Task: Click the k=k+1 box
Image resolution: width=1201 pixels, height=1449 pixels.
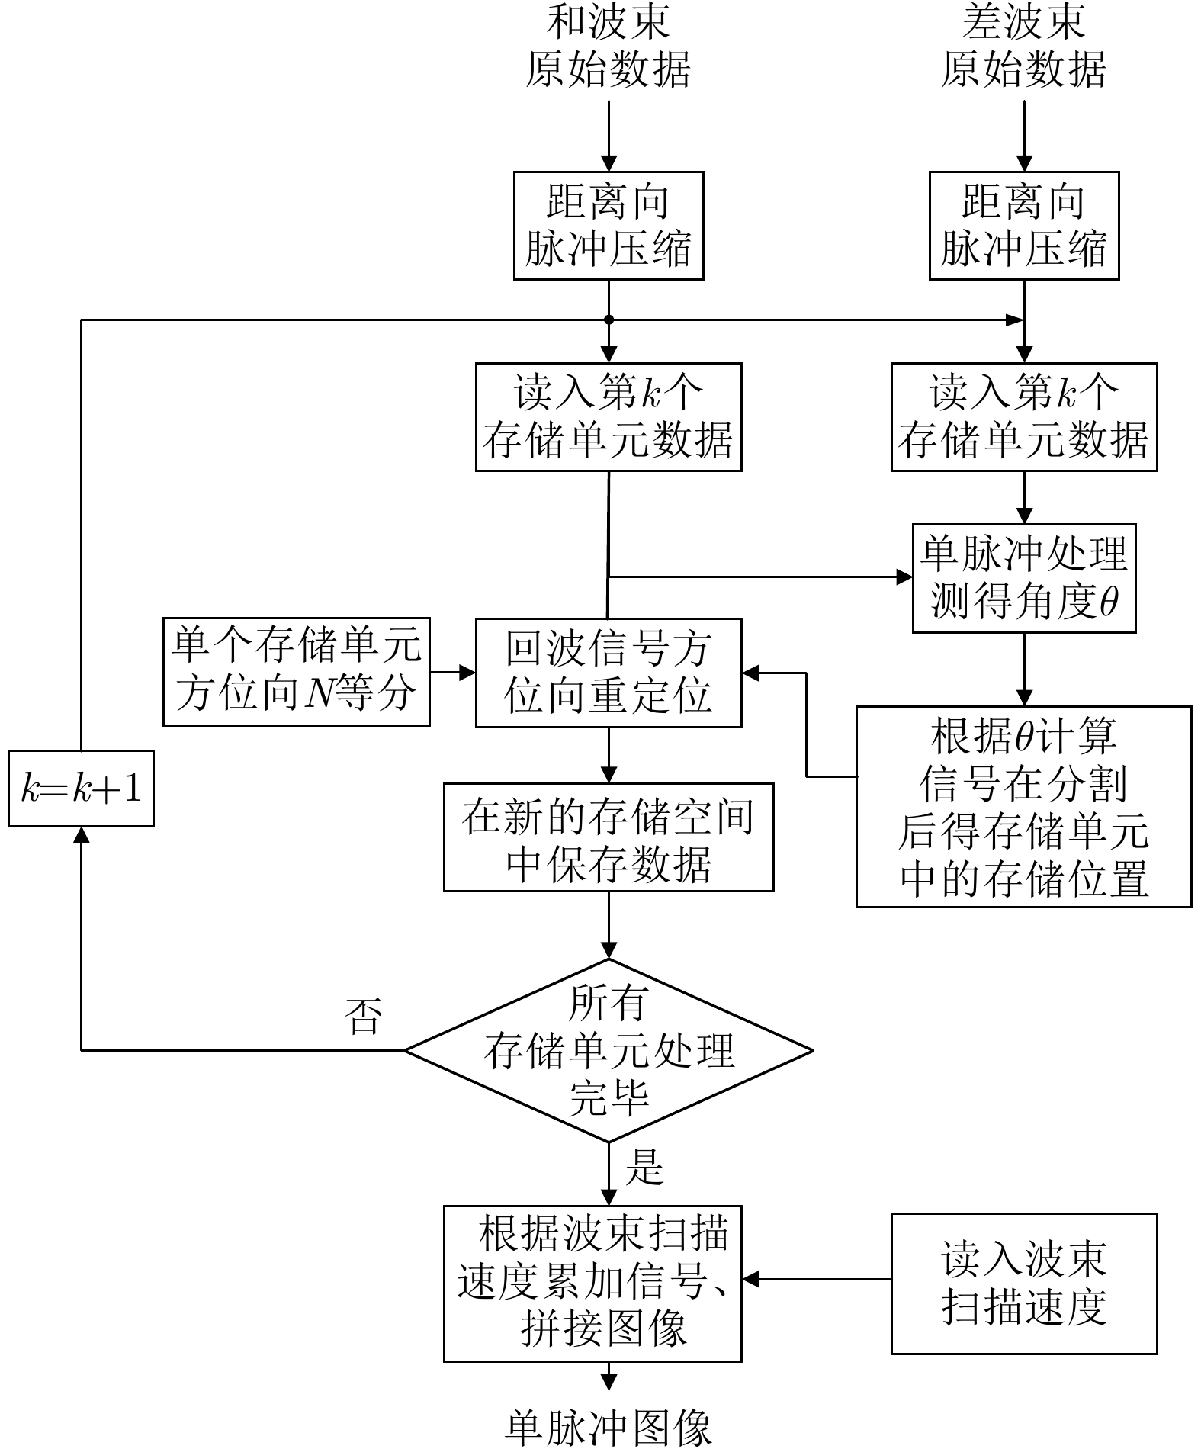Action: [x=81, y=789]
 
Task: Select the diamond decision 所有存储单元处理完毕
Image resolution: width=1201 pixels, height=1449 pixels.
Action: [x=608, y=1050]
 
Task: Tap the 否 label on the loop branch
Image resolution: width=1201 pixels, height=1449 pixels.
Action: [x=363, y=1017]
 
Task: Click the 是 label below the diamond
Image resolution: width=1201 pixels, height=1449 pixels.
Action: [x=644, y=1166]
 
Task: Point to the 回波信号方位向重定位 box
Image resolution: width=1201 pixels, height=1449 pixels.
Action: [x=608, y=673]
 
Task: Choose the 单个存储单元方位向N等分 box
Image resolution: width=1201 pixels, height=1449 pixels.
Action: [x=296, y=671]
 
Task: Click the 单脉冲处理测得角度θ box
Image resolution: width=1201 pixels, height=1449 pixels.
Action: [x=1023, y=578]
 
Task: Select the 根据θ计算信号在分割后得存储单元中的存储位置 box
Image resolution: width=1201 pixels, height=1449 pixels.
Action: [x=1023, y=806]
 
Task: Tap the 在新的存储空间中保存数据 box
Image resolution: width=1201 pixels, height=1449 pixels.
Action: [x=608, y=837]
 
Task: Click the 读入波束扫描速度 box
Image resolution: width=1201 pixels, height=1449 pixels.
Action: [x=1023, y=1284]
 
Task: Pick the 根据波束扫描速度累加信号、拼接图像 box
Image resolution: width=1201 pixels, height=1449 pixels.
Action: [x=592, y=1284]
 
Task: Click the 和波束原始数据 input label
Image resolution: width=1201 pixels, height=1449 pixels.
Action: [x=608, y=46]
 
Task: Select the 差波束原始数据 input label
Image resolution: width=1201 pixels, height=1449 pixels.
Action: [x=1023, y=46]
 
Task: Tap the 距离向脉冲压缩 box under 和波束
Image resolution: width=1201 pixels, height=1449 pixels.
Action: [x=608, y=226]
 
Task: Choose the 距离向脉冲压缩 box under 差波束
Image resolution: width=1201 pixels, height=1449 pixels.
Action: [x=1023, y=226]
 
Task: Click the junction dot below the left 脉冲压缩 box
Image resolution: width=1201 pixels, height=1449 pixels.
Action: [x=609, y=320]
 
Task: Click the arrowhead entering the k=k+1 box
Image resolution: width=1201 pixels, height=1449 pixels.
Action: [x=81, y=835]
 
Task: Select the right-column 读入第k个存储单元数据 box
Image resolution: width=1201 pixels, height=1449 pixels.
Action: [x=1023, y=417]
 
